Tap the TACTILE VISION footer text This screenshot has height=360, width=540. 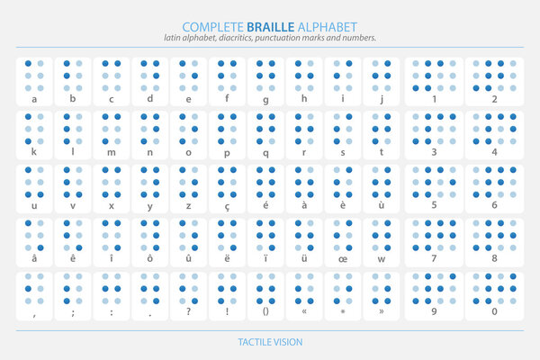point(270,342)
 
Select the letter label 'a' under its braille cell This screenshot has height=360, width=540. point(34,99)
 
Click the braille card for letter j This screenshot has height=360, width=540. point(382,82)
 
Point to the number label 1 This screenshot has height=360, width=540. point(434,99)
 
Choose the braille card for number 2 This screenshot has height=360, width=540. point(494,82)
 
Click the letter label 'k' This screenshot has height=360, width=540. point(34,152)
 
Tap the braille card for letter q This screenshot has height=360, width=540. point(265,135)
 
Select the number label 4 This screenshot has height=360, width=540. point(494,152)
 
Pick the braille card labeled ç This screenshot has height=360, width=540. point(227,189)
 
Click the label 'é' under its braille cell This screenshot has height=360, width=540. point(265,206)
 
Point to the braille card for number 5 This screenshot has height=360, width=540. point(434,189)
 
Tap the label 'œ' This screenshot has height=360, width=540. point(343,259)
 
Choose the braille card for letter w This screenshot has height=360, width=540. point(382,242)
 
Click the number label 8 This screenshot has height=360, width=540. point(494,259)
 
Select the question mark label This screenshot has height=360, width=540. point(188,313)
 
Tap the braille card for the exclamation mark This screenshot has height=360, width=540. point(227,296)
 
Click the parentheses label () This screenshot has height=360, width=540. point(265,313)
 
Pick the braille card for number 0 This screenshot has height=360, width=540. point(494,296)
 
